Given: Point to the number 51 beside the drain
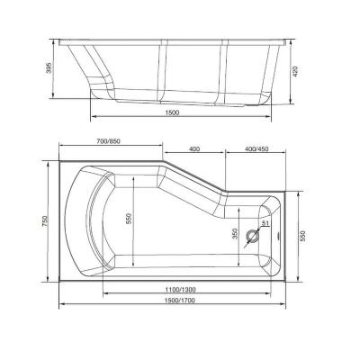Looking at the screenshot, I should click(x=265, y=223).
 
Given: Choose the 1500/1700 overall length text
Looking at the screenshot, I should click(x=172, y=300).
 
